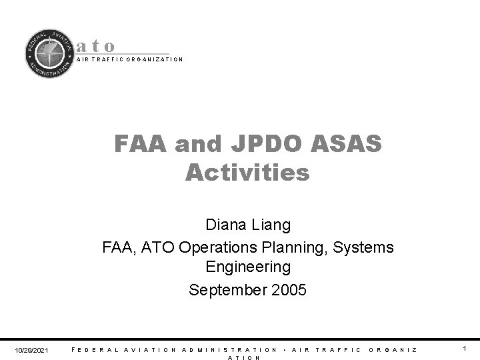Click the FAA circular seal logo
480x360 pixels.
49,54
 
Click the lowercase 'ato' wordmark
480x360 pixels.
97,46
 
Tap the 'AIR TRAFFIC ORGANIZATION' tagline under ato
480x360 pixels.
129,59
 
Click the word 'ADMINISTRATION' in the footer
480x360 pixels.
229,349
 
